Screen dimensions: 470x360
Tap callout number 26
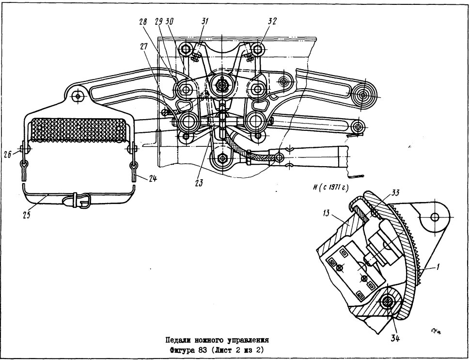pos(8,154)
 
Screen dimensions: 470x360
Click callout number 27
pos(144,46)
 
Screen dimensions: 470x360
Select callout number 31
pos(205,22)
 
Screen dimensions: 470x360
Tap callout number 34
pos(395,339)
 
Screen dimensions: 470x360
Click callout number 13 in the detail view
pos(326,213)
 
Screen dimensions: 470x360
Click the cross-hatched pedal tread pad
pos(78,129)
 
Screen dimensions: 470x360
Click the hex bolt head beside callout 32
pos(257,48)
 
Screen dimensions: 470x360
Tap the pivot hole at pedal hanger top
pos(78,96)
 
